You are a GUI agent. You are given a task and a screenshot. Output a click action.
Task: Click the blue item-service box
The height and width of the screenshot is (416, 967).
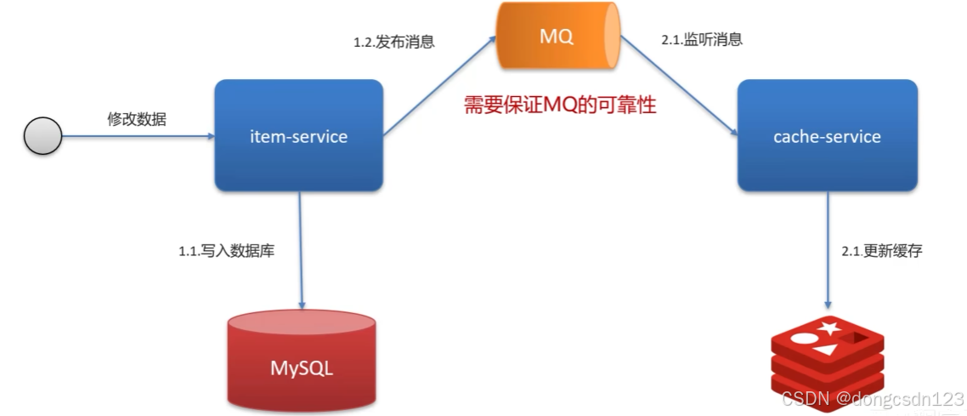tap(298, 136)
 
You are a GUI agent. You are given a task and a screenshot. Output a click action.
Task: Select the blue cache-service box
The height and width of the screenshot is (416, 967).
tap(827, 136)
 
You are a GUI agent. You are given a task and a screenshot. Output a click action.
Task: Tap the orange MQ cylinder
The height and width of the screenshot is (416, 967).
tap(559, 38)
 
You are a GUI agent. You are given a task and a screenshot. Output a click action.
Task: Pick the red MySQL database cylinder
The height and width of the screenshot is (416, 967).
tap(302, 362)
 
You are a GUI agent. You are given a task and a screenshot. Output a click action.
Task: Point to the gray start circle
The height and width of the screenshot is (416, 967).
tap(42, 136)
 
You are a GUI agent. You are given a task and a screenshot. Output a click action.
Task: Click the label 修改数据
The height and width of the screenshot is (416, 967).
tap(137, 119)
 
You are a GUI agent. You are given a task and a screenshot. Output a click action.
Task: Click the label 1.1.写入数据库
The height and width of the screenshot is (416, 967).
tap(226, 252)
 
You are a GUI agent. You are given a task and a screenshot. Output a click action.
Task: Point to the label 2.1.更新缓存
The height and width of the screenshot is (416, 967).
tap(881, 252)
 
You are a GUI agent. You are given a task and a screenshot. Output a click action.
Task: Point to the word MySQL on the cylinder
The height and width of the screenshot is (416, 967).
tap(302, 368)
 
